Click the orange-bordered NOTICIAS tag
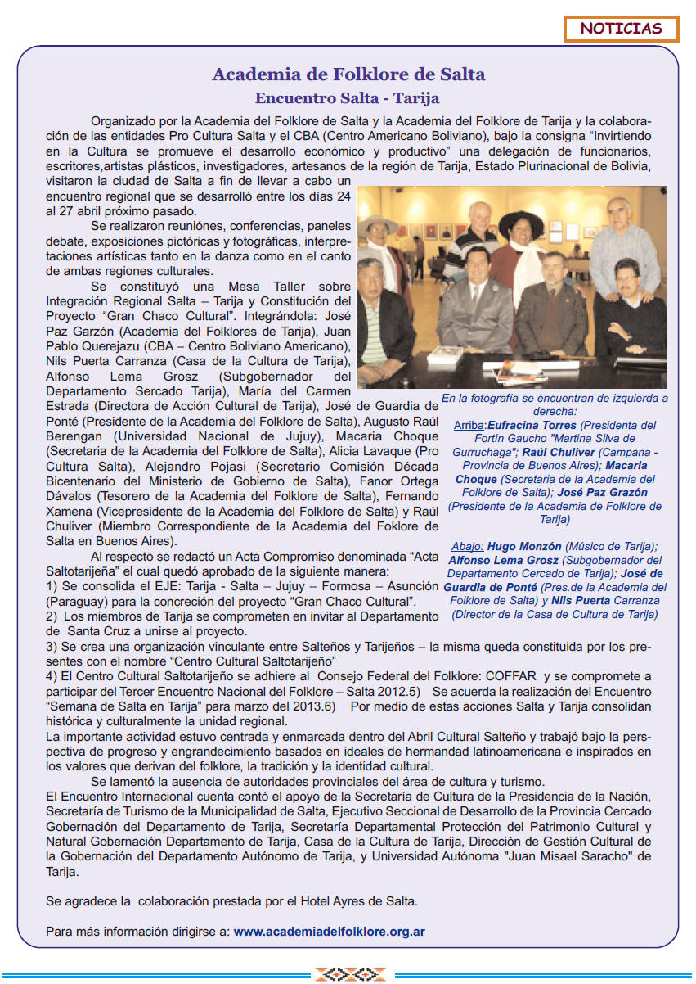click(621, 29)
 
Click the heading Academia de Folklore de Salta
click(348, 74)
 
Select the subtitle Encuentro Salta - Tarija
click(348, 99)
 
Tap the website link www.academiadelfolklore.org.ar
click(329, 931)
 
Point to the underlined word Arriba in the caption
click(469, 425)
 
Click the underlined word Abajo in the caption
click(467, 546)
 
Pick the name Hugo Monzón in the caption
click(523, 546)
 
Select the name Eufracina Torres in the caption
click(532, 425)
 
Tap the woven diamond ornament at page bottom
click(348, 974)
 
